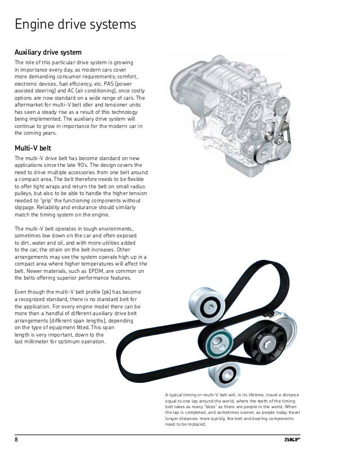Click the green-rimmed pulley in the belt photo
coord(218,341)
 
